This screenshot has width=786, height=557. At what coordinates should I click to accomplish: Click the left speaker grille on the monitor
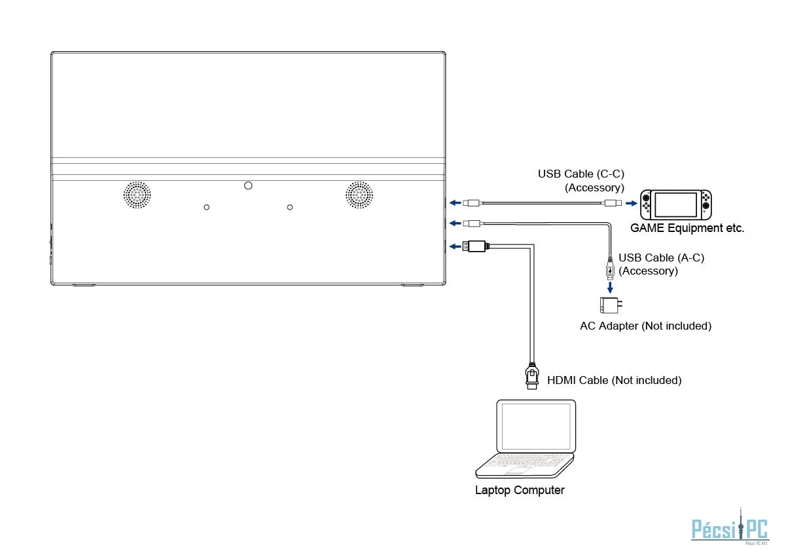pyautogui.click(x=137, y=195)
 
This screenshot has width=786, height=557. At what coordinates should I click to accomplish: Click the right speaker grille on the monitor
pyautogui.click(x=359, y=195)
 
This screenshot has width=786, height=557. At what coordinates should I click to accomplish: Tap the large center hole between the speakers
pyautogui.click(x=248, y=185)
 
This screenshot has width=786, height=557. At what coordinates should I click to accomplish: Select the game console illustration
pyautogui.click(x=676, y=204)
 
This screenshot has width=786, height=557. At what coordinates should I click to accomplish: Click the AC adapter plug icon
pyautogui.click(x=610, y=306)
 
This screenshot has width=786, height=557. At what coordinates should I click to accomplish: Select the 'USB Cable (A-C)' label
pyautogui.click(x=661, y=258)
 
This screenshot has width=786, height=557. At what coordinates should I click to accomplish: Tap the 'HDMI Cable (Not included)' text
pyautogui.click(x=614, y=380)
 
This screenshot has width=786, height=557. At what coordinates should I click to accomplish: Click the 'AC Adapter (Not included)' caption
pyautogui.click(x=645, y=326)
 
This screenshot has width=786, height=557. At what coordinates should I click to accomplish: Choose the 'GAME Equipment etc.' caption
pyautogui.click(x=687, y=229)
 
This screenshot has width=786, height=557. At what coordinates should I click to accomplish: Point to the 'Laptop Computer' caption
pyautogui.click(x=520, y=490)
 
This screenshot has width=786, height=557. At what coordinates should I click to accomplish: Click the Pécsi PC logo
pyautogui.click(x=730, y=528)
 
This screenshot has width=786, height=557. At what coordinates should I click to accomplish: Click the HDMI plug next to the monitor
pyautogui.click(x=476, y=246)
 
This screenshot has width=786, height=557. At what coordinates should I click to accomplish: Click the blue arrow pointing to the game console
pyautogui.click(x=630, y=203)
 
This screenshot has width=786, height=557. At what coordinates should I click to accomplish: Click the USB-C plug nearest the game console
pyautogui.click(x=613, y=203)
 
